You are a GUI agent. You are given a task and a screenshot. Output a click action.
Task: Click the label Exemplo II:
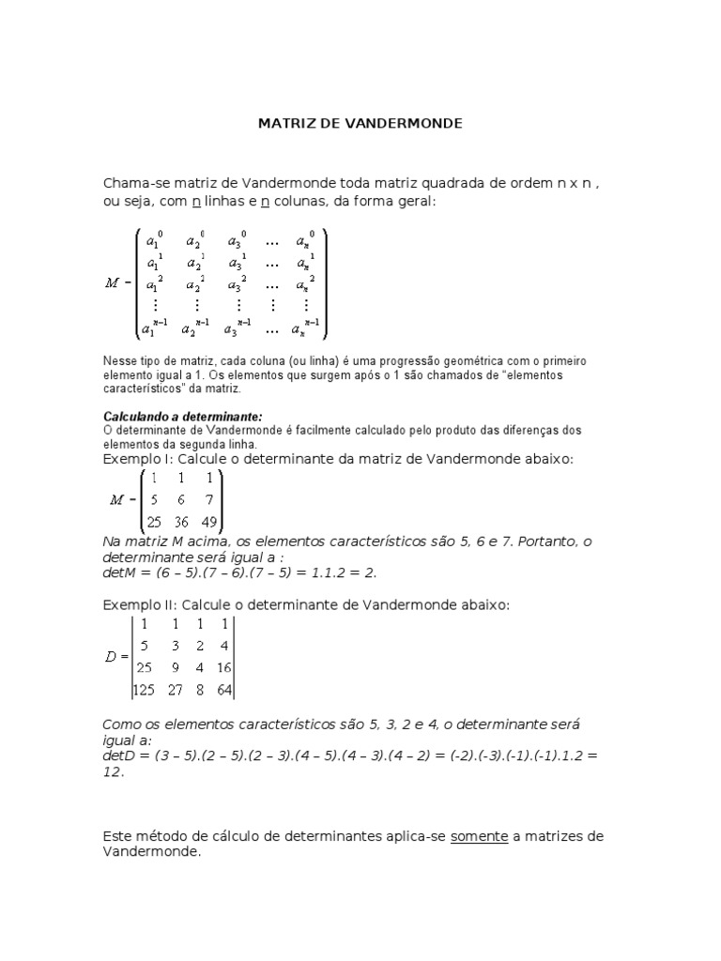click(138, 604)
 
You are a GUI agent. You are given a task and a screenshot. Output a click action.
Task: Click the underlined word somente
click(479, 836)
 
